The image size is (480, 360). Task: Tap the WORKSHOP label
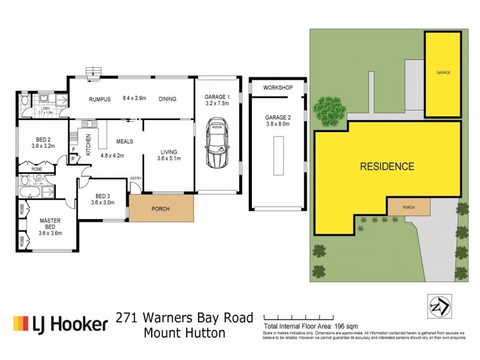(278, 88)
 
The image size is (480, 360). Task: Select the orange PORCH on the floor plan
(162, 209)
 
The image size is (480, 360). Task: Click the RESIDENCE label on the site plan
(386, 166)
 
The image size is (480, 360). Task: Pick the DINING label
(167, 99)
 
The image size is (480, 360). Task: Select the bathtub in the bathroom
(29, 193)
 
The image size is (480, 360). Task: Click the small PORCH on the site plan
(409, 208)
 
